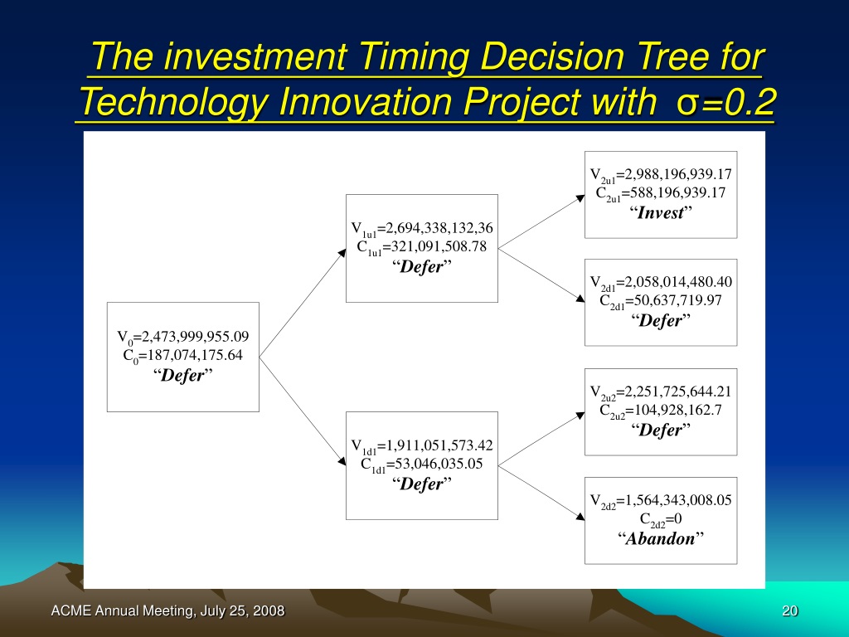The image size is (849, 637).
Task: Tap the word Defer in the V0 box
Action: pos(183,375)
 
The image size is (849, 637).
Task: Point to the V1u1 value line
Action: pos(422,229)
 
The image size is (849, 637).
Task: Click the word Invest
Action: pos(661,212)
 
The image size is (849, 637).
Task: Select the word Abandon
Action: pos(660,538)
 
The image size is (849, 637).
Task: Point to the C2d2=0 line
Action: pos(661,519)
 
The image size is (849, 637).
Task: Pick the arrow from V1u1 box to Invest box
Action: pos(541,221)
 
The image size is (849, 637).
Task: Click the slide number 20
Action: pos(790,611)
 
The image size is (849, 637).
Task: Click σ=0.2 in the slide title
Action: pos(725,102)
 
